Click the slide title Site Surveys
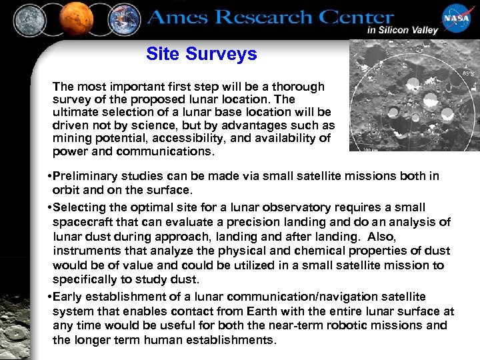[201, 54]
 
